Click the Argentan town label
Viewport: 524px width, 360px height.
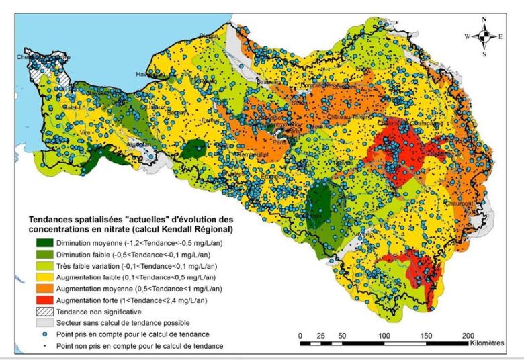137,144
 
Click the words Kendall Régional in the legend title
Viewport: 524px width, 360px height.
202,232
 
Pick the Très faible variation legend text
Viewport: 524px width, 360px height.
87,267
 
